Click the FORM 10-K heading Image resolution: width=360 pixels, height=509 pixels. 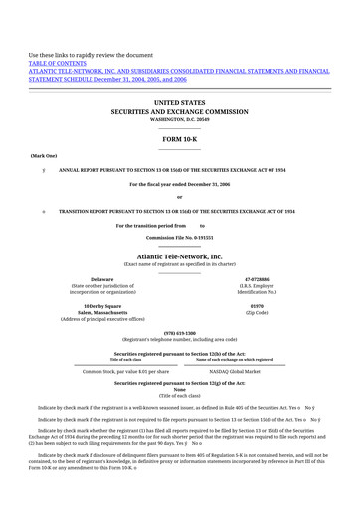(x=179, y=139)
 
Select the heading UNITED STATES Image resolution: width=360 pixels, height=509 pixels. (x=179, y=102)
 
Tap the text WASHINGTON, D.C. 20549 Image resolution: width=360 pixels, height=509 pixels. (x=179, y=119)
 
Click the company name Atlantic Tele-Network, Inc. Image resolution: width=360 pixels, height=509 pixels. (x=179, y=256)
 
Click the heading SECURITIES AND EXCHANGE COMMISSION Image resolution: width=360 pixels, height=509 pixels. (x=179, y=111)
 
